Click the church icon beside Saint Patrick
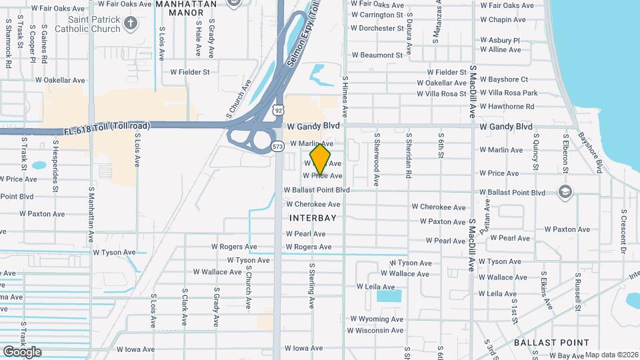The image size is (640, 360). tap(130, 23)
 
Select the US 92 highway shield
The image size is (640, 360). tap(279, 109)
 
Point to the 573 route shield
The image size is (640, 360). tap(277, 146)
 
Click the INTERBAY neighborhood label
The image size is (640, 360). tap(313, 218)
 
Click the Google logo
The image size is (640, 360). tap(22, 352)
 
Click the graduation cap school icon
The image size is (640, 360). tap(565, 193)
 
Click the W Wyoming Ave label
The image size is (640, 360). tap(377, 319)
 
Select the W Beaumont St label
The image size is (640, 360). tap(377, 55)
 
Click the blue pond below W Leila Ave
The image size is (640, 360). tap(389, 295)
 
